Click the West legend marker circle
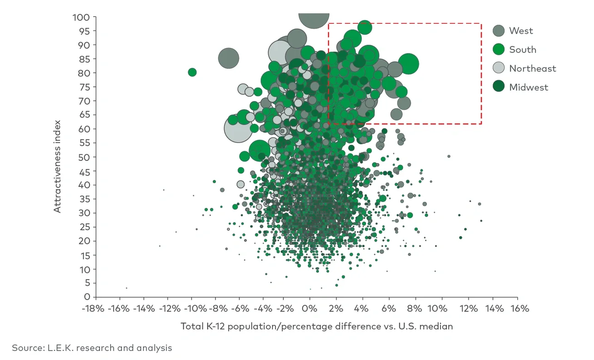499,31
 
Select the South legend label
523,49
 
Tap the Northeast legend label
533,69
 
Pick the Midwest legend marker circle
499,87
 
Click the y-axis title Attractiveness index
57,166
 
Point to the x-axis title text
317,326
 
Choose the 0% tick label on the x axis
310,308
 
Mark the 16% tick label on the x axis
518,308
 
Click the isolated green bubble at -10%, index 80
192,72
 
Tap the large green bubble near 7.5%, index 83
408,64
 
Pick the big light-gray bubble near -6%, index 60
238,129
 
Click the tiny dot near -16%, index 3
127,288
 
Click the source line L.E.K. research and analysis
92,348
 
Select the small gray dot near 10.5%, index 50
449,156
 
